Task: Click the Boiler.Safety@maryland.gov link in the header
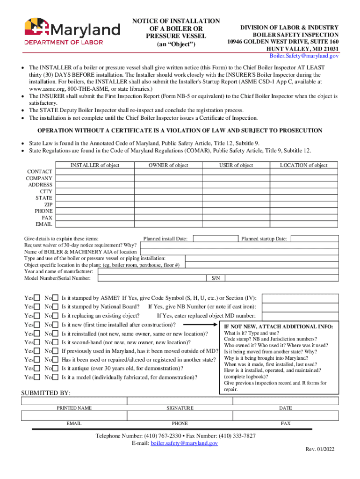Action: (308, 56)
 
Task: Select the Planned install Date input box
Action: (214, 238)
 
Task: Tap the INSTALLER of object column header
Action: (95, 165)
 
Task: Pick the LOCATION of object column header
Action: (303, 165)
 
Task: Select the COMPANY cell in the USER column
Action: (236, 178)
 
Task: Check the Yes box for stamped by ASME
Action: (37, 298)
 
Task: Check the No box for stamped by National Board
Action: (55, 307)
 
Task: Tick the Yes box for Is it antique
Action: (37, 369)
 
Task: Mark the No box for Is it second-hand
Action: (55, 342)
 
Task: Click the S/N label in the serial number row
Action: (216, 278)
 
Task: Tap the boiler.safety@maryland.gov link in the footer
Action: (184, 443)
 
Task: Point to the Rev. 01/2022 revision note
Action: (320, 450)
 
